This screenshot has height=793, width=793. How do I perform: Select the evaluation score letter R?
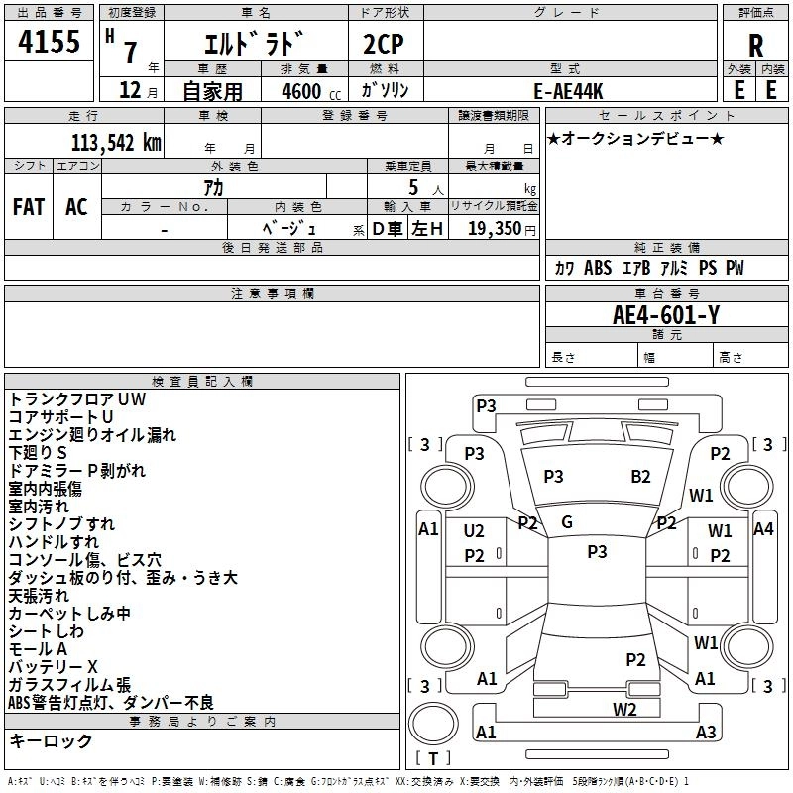pyautogui.click(x=755, y=45)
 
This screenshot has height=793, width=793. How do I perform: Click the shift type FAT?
pyautogui.click(x=28, y=207)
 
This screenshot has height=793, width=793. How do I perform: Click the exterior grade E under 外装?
pyautogui.click(x=738, y=90)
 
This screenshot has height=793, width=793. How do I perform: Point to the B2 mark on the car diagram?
pyautogui.click(x=640, y=477)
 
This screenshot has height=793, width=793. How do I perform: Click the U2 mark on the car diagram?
pyautogui.click(x=474, y=531)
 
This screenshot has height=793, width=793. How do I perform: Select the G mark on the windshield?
pyautogui.click(x=567, y=522)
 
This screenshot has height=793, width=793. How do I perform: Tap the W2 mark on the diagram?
pyautogui.click(x=624, y=709)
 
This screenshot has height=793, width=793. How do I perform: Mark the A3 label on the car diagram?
pyautogui.click(x=706, y=733)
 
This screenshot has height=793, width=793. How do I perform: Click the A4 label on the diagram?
pyautogui.click(x=762, y=529)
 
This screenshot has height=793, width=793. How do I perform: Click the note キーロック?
pyautogui.click(x=51, y=741)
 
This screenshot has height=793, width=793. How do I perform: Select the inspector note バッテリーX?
pyautogui.click(x=54, y=666)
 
